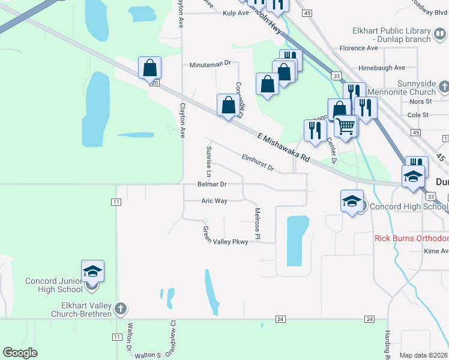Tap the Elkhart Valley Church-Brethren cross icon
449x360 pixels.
(x=121, y=308)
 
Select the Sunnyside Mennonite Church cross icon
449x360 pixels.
(x=444, y=88)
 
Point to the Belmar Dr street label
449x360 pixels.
(x=212, y=185)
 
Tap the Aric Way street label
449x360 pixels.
(x=214, y=201)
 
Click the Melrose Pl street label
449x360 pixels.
(x=257, y=223)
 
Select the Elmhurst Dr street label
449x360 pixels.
(x=258, y=163)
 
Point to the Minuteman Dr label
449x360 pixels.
(x=211, y=64)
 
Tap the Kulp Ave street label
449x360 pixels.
(x=235, y=13)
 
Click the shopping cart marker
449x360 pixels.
(x=345, y=127)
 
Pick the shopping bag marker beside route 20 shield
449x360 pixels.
(x=149, y=68)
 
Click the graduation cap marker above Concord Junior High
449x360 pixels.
(x=92, y=272)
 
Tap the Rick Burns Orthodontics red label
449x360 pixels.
(x=412, y=238)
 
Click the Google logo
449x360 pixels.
(x=20, y=352)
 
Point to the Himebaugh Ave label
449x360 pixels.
(x=382, y=68)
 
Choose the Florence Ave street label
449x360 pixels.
(x=358, y=48)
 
